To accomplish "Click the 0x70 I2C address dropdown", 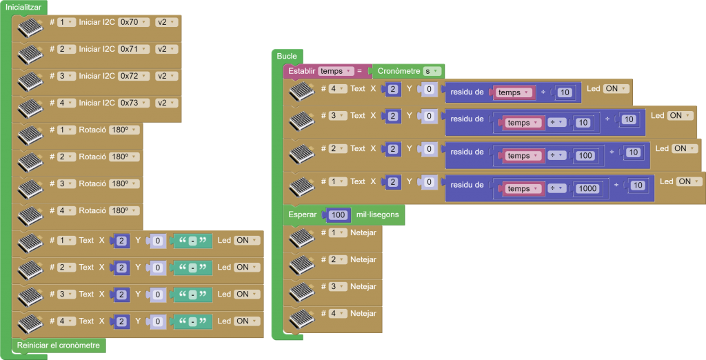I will [134, 22].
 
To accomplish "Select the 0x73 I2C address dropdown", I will [134, 103].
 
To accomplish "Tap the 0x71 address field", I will [134, 49].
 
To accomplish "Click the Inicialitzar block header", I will [23, 7].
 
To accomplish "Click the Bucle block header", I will [287, 56].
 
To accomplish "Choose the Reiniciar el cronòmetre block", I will [59, 345].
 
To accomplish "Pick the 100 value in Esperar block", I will [338, 214].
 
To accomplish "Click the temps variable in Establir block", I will [336, 71].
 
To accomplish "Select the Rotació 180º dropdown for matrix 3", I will [124, 183].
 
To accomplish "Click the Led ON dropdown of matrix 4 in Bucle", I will [616, 88].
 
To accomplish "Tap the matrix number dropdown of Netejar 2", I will [338, 259].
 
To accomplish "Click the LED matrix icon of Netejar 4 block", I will [301, 319].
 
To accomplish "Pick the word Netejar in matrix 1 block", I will [363, 232].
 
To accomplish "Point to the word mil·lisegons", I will [379, 214].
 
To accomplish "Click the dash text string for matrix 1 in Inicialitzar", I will [193, 241].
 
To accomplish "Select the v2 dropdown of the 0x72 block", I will [165, 76].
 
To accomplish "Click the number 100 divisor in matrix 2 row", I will [586, 155].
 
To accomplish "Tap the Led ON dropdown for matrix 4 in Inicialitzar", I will [247, 321].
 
